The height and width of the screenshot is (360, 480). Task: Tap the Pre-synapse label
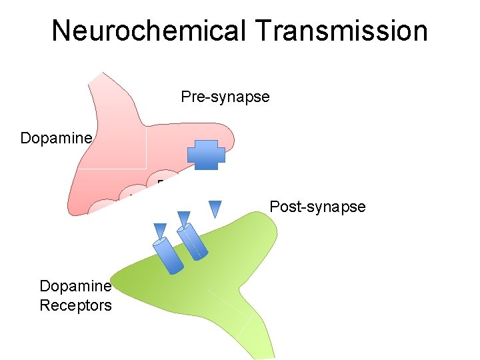[225, 97]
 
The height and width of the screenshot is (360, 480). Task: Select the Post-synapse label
[317, 207]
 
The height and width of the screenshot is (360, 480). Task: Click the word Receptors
[75, 305]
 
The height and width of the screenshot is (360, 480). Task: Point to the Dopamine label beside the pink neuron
[55, 138]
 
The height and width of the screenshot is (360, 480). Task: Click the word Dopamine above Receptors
[75, 287]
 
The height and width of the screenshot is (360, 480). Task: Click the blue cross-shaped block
[207, 155]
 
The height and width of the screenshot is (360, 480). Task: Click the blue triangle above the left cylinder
[160, 230]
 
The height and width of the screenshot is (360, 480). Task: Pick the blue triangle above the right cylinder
[184, 218]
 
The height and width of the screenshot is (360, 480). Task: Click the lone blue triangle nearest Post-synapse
[215, 209]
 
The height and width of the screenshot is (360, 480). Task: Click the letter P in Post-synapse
[274, 207]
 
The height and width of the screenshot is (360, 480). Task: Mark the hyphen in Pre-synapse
[206, 97]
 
